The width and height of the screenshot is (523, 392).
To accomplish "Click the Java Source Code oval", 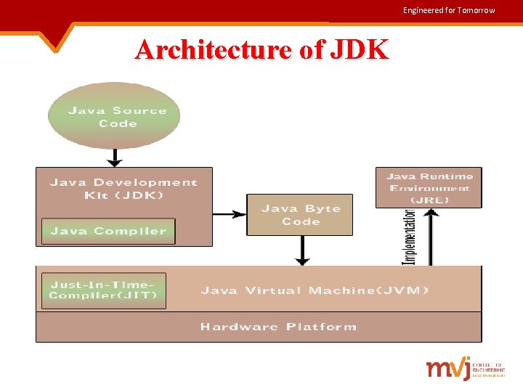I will point(113,116).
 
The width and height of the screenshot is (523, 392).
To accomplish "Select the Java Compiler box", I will point(108,231).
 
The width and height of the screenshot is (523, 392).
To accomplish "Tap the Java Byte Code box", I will point(300,215).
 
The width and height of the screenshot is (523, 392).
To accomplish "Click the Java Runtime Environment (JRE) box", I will point(429,187).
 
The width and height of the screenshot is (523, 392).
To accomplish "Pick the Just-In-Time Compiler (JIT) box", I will point(103,290).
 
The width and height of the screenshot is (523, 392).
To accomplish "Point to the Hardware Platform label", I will point(279,327).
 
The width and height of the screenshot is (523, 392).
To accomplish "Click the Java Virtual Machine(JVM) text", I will point(315,290).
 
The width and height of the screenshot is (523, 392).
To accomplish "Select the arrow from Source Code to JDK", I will point(113,157).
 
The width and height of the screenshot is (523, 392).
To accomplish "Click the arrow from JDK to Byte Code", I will point(230,214).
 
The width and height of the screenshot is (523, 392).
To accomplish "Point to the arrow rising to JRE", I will point(431,237).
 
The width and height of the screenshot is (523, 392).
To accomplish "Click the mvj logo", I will point(449,368).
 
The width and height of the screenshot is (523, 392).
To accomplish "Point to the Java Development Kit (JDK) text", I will point(123,188).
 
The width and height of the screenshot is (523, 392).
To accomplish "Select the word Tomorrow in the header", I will point(477,10).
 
